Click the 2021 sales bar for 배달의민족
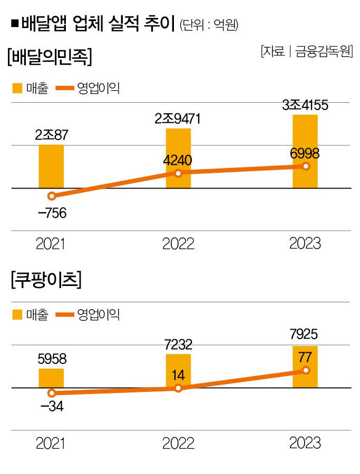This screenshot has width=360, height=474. point(51,166)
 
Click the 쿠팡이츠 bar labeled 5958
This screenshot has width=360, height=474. point(51,378)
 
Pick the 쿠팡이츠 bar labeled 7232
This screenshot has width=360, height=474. point(178,369)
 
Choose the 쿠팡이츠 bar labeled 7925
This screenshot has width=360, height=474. point(305,358)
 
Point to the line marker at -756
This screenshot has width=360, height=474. point(51,196)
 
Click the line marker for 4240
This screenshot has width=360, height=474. point(178,173)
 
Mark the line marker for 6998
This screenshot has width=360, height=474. point(305,166)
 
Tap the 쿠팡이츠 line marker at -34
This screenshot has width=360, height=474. point(51,393)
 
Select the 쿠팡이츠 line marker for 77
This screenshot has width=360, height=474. point(305,371)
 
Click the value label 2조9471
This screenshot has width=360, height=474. point(178,119)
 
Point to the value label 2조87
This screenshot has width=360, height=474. point(51,135)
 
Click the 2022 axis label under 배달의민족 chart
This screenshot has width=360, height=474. point(178,244)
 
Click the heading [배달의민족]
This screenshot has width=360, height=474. point(50,56)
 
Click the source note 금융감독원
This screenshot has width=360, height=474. point(323,52)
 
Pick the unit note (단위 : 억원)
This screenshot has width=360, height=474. point(209,25)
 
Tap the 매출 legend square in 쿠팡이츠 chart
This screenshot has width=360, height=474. point(17,315)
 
